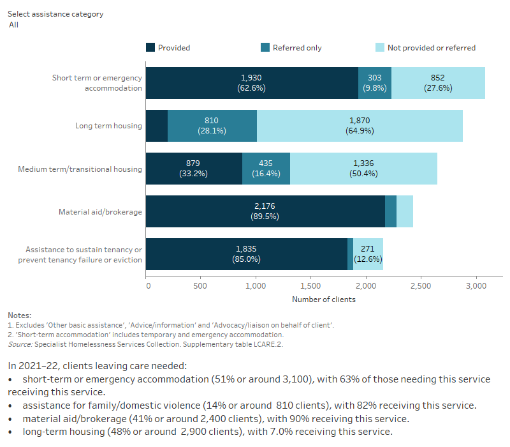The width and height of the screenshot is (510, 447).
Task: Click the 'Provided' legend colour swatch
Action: pyautogui.click(x=150, y=47)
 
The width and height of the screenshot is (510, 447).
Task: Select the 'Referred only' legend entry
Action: pyautogui.click(x=297, y=47)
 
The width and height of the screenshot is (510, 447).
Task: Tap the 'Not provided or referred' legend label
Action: pyautogui.click(x=431, y=47)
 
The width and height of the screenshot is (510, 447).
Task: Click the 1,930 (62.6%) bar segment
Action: pyautogui.click(x=252, y=83)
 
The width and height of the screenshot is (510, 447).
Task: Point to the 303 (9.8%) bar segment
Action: pyautogui.click(x=374, y=83)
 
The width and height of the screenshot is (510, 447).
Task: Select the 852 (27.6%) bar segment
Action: pyautogui.click(x=438, y=83)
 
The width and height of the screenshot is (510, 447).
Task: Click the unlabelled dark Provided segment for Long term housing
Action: pyautogui.click(x=157, y=126)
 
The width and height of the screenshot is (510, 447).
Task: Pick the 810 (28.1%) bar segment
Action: pyautogui.click(x=212, y=126)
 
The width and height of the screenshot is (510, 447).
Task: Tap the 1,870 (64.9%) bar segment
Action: pyautogui.click(x=360, y=126)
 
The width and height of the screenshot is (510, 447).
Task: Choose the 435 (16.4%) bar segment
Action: pyautogui.click(x=266, y=169)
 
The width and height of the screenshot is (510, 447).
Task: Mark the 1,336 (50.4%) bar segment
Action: pyautogui.click(x=363, y=169)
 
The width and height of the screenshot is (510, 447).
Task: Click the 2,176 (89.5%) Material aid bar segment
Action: pyautogui.click(x=265, y=211)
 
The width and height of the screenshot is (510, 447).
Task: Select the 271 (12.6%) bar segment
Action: pyautogui.click(x=368, y=254)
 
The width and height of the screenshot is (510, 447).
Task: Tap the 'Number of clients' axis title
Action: pyautogui.click(x=324, y=299)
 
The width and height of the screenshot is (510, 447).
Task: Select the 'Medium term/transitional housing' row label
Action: pyautogui.click(x=80, y=169)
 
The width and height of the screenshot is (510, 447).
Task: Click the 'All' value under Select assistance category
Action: pyautogui.click(x=13, y=25)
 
